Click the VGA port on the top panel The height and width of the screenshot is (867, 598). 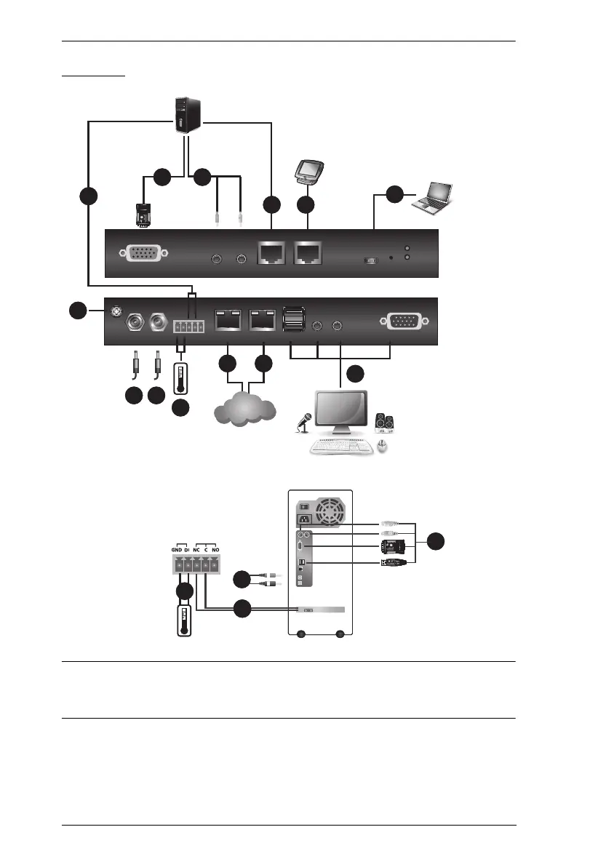(146, 254)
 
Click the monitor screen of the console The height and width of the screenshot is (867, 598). (341, 412)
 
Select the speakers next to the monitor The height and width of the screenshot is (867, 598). (383, 423)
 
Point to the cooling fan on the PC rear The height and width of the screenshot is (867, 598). (327, 511)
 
